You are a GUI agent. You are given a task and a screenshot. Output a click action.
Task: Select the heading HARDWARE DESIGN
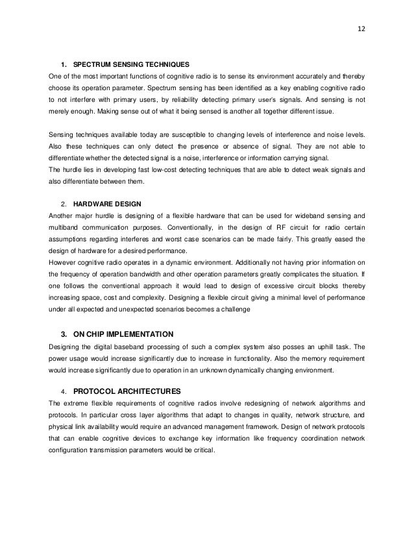[x=104, y=202]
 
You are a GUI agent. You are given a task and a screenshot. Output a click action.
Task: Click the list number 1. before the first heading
[x=64, y=65]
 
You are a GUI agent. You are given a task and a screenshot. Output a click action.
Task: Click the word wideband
[x=305, y=215]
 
